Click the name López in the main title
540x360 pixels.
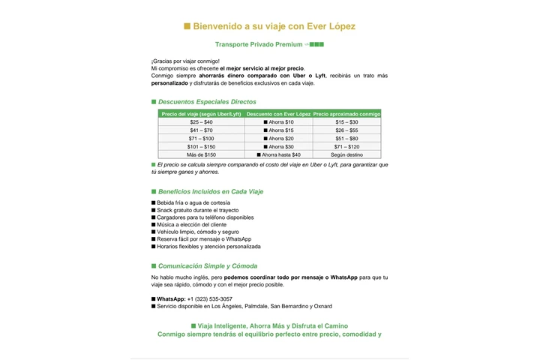coord(338,26)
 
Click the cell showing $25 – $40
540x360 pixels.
coord(201,121)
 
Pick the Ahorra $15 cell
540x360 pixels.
coord(278,130)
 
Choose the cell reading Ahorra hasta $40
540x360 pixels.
coord(278,154)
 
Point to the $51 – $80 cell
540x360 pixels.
coord(346,138)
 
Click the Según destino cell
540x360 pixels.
coord(346,154)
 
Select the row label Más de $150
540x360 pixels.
coord(201,154)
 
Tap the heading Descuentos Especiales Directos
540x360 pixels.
coord(207,101)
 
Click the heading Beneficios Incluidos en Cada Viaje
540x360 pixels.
coord(211,191)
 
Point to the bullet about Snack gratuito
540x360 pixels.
coord(193,210)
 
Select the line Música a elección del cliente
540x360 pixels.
coord(191,224)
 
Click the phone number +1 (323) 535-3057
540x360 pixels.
coord(209,298)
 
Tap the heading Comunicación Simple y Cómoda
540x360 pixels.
coord(208,265)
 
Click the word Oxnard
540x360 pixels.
coord(322,306)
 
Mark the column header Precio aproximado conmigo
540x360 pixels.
coord(346,114)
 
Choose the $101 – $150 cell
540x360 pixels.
coord(201,146)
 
